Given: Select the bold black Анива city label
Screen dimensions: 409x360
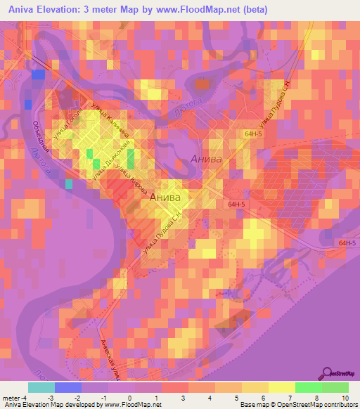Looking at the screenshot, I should [167, 198].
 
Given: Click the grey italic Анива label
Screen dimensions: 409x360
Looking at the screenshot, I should [206, 160].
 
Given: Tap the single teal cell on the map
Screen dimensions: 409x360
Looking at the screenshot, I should [69, 184].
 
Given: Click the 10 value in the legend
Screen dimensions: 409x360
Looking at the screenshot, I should [345, 398].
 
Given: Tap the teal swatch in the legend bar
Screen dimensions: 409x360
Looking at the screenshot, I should [41, 387].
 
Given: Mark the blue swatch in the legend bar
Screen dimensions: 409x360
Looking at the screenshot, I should [67, 387].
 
